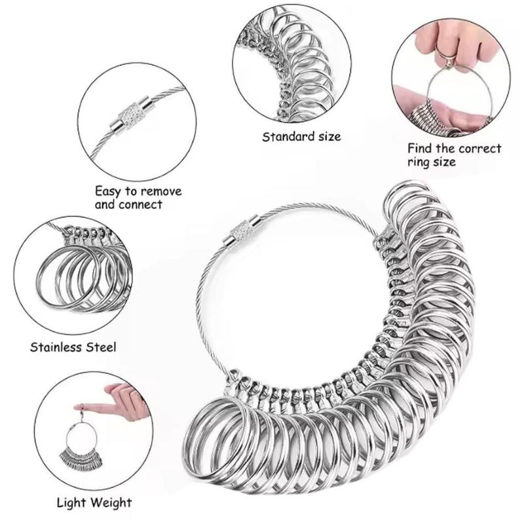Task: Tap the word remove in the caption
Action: [x=161, y=191]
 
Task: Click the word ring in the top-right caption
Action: [x=419, y=162]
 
